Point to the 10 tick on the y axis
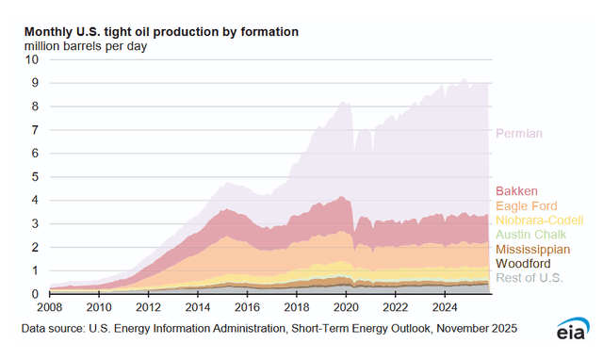32,58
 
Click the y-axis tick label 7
35,129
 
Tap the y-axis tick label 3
35,223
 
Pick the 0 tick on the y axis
35,294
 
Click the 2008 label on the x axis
50,307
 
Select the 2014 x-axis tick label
198,307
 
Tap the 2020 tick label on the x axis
345,307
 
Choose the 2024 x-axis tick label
443,307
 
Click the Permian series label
519,134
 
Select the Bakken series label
516,190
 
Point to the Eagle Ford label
526,205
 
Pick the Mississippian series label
531,250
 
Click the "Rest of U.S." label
528,279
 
